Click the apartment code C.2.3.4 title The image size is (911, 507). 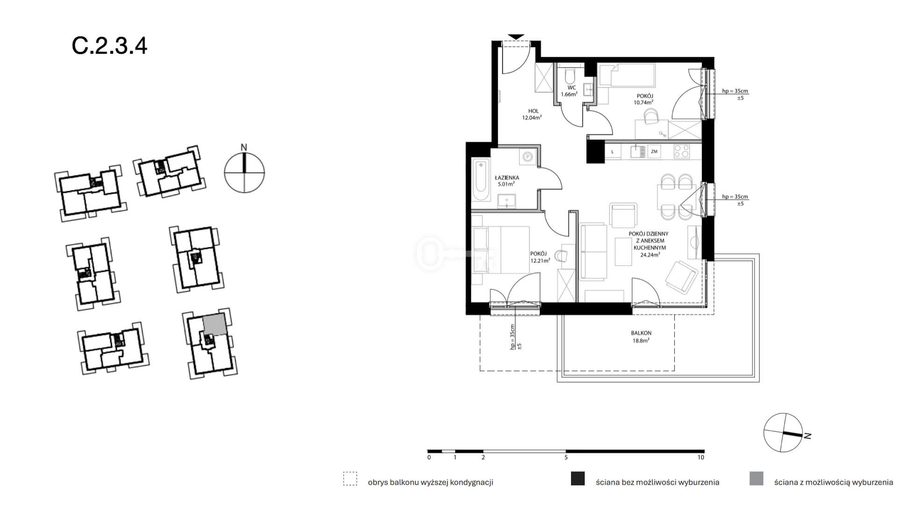coord(109,46)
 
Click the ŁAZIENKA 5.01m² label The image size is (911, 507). coord(506,181)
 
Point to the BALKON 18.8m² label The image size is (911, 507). coord(641,337)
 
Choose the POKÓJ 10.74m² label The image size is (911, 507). coord(643,99)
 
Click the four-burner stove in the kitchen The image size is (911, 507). coord(681,151)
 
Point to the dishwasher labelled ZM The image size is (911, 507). coord(654,152)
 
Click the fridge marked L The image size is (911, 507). coord(613,152)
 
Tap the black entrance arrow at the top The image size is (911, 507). coord(516,37)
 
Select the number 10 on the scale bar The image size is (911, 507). coord(700,457)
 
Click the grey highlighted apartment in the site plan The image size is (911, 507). coord(215,324)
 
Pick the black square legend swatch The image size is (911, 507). coord(578,478)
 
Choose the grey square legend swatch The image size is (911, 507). coord(756,478)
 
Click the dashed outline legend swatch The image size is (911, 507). coord(350,478)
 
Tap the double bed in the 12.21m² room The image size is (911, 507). coord(500,250)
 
